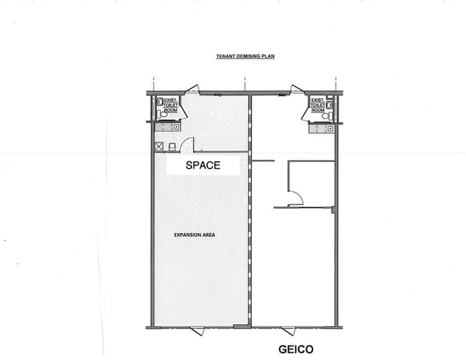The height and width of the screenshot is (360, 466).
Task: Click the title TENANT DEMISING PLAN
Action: [245, 56]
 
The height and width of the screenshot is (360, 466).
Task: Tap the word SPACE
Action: [203, 165]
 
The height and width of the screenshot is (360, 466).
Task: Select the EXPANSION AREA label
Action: [194, 235]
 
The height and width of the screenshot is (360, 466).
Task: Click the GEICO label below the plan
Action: [296, 349]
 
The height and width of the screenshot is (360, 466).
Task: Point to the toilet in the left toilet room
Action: [162, 114]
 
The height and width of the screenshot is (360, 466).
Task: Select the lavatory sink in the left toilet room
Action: [160, 102]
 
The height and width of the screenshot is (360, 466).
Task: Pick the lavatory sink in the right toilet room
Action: [329, 105]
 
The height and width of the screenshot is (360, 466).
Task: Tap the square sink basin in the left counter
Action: [177, 127]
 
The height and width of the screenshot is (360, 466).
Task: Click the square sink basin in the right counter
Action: [331, 128]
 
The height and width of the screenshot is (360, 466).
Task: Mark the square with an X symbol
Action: [159, 146]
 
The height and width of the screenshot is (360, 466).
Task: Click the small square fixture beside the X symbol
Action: [172, 147]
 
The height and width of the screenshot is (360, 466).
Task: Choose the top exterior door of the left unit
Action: [193, 89]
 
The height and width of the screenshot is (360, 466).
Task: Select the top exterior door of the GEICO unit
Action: [298, 89]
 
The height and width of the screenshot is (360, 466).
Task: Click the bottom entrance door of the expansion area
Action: [197, 331]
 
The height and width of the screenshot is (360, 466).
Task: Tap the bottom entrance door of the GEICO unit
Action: [289, 331]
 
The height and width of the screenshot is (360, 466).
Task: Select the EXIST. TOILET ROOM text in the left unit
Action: [171, 105]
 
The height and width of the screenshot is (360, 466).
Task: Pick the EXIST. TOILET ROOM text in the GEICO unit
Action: [318, 105]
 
